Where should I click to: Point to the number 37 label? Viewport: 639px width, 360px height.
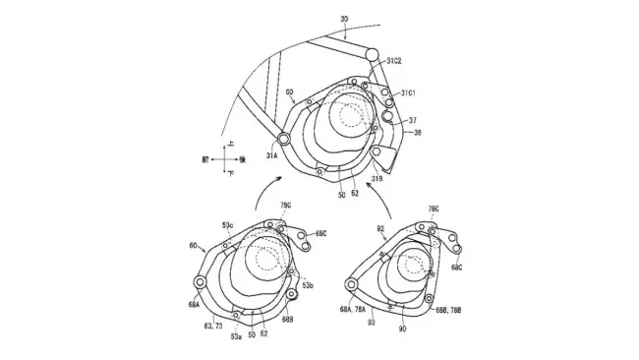(415, 119)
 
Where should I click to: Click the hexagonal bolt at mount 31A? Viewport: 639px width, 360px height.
(284, 139)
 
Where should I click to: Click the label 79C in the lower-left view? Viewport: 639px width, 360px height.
(286, 206)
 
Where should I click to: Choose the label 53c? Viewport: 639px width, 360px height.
(227, 225)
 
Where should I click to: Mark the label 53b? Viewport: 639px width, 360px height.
(308, 285)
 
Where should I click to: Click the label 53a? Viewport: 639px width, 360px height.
(236, 334)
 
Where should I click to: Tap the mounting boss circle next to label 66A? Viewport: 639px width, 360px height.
(201, 283)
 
